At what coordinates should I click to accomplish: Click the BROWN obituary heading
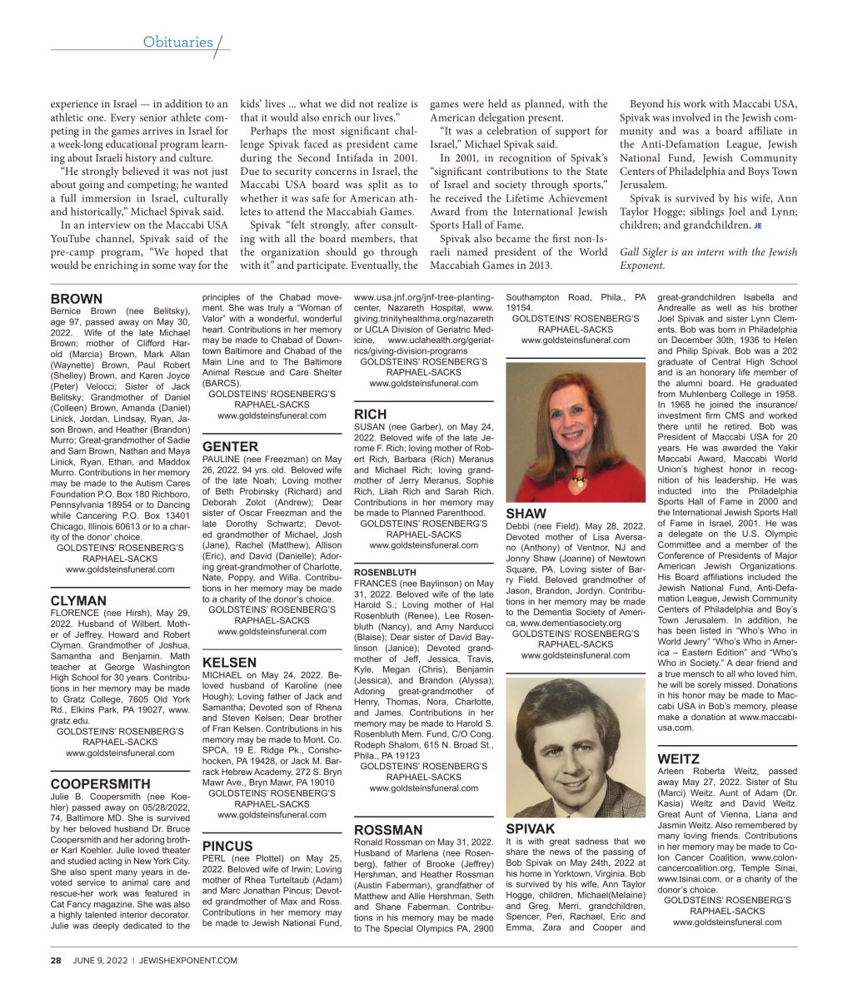pos(77,299)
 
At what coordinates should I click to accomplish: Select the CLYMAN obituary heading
pos(78,600)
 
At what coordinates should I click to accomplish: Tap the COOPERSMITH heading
pos(100,783)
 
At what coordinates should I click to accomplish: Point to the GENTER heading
pos(231,446)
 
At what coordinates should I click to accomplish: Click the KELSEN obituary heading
pos(229,663)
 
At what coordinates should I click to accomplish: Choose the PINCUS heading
pos(227,846)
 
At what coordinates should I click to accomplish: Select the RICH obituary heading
pos(370,414)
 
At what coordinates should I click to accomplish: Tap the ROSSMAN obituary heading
pos(388,829)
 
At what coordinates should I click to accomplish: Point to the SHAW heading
pos(526,514)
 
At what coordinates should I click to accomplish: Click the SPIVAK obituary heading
pos(531,829)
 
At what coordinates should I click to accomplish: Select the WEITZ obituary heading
pos(678,758)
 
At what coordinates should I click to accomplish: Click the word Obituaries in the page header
pos(177,42)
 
